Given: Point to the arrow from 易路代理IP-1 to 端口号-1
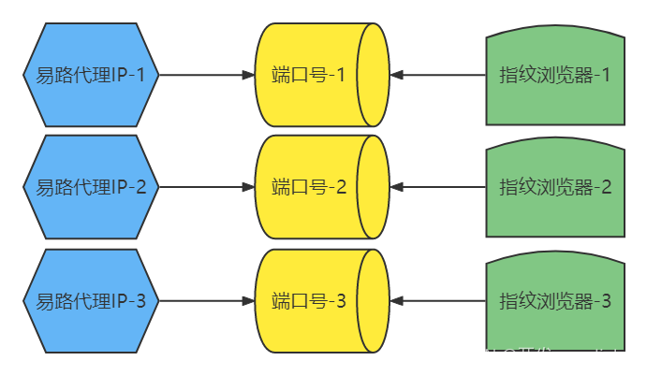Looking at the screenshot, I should [206, 75].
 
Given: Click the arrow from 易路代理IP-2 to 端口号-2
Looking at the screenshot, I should [206, 187].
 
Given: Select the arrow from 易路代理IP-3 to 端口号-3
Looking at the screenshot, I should [206, 301].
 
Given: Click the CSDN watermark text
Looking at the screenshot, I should [540, 356].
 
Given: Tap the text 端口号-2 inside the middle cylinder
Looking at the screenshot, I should [309, 187].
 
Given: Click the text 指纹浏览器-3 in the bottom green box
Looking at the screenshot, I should [555, 301].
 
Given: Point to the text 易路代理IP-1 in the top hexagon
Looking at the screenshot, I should [91, 75].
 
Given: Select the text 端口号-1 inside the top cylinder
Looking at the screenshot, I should [309, 75].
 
